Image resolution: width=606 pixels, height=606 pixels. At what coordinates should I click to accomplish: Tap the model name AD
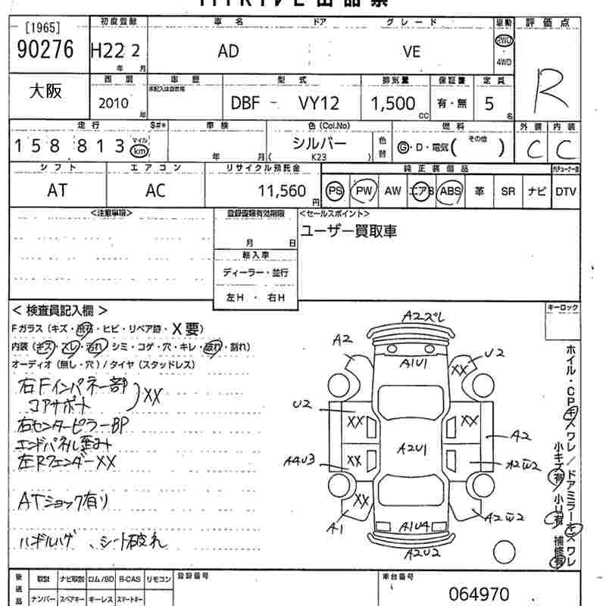tap(228, 51)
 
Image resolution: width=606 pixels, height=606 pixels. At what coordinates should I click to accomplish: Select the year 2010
tap(114, 104)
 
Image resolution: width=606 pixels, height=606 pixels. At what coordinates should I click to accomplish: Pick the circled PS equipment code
tap(335, 191)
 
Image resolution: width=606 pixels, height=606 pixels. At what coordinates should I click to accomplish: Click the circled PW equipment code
tap(365, 191)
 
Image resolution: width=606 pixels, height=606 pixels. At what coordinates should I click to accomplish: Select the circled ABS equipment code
tap(450, 191)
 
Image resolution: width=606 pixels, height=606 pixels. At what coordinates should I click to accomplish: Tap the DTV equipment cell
tap(565, 192)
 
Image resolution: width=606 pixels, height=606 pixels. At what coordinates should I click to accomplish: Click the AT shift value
tap(57, 191)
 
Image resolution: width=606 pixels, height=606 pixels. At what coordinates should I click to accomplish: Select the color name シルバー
tap(319, 142)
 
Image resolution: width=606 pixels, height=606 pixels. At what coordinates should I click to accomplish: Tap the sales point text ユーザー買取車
tap(349, 231)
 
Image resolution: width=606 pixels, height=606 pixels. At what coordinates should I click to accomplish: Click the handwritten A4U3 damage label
tap(300, 460)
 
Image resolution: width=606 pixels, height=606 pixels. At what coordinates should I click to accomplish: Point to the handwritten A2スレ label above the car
tap(421, 316)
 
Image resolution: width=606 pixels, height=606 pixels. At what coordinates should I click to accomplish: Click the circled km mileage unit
tap(139, 151)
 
